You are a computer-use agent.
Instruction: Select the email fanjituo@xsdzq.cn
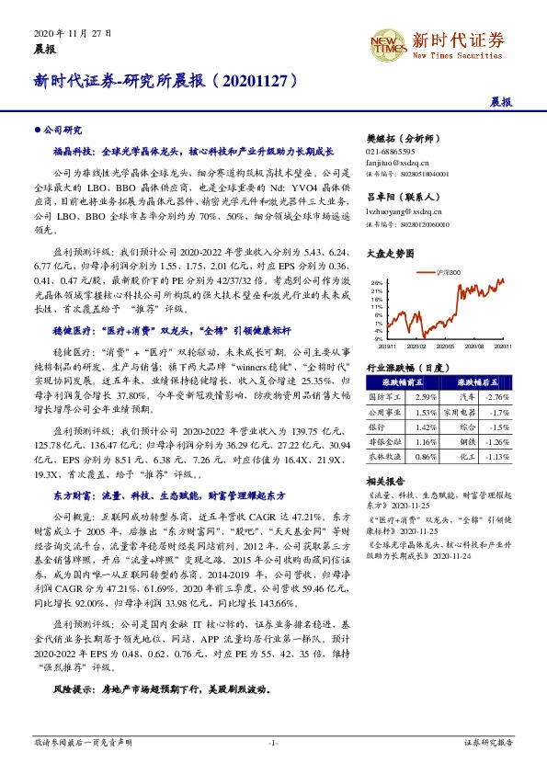[x=395, y=162]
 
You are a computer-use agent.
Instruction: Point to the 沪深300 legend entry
[x=451, y=272]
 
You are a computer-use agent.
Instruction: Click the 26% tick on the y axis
[x=376, y=283]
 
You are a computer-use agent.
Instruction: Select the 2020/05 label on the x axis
[x=445, y=347]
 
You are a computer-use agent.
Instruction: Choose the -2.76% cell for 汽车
[x=497, y=395]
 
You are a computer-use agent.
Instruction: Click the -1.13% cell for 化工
[x=496, y=457]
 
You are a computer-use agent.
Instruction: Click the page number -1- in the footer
[x=273, y=741]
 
